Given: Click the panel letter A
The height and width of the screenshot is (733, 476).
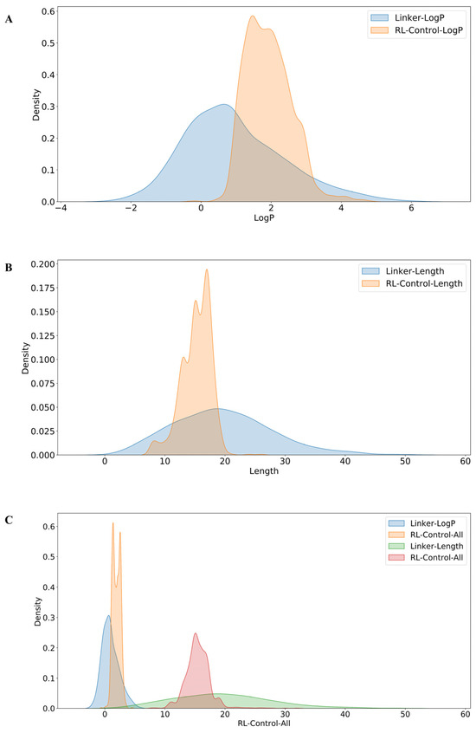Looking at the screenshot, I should coord(8,18).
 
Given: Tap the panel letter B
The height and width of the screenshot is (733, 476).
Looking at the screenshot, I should coord(8,269).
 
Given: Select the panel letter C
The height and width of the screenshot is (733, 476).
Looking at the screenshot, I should coord(8,520).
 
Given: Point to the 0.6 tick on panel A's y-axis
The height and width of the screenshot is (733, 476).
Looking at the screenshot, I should coord(42,10).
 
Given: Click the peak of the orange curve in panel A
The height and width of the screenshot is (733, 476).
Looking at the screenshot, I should coord(254,16).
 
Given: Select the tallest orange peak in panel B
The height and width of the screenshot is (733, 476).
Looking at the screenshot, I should coord(207,269).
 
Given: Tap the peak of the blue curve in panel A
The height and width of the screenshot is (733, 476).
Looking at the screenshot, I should coord(223,105).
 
